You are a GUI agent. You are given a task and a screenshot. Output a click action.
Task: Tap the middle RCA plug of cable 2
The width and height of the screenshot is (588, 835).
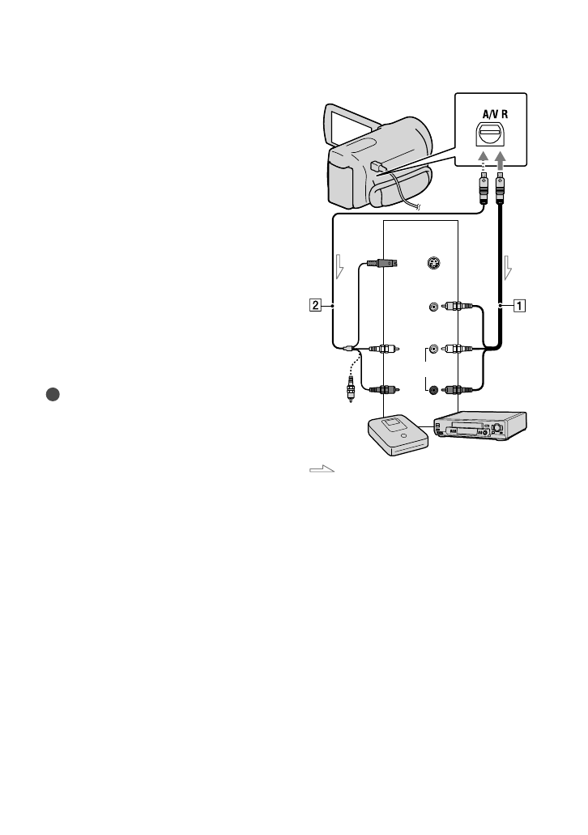[x=383, y=350]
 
